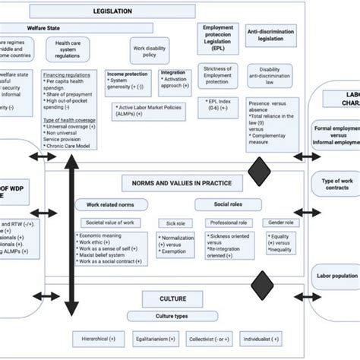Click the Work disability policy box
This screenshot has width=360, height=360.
point(148,50)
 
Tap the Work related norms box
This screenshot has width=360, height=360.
point(109,204)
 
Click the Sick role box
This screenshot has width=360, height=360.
point(172,223)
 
